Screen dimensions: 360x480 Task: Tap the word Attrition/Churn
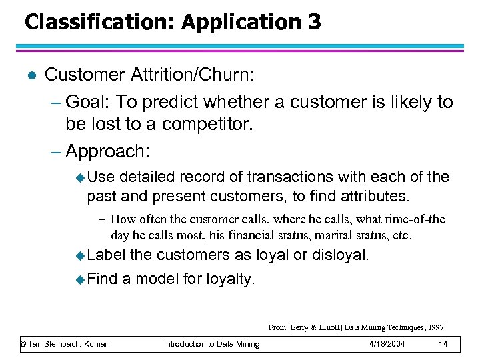pyautogui.click(x=210, y=74)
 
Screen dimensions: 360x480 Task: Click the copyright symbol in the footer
pyautogui.click(x=23, y=344)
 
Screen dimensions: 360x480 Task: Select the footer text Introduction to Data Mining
pyautogui.click(x=211, y=344)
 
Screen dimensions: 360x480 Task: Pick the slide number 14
pyautogui.click(x=443, y=344)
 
